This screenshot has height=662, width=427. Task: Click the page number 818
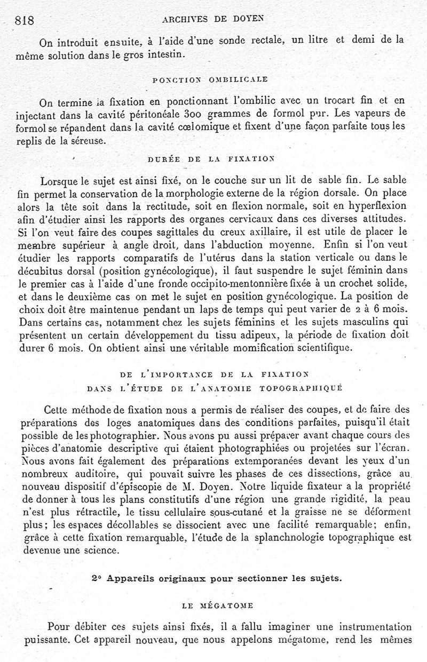pyautogui.click(x=25, y=20)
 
